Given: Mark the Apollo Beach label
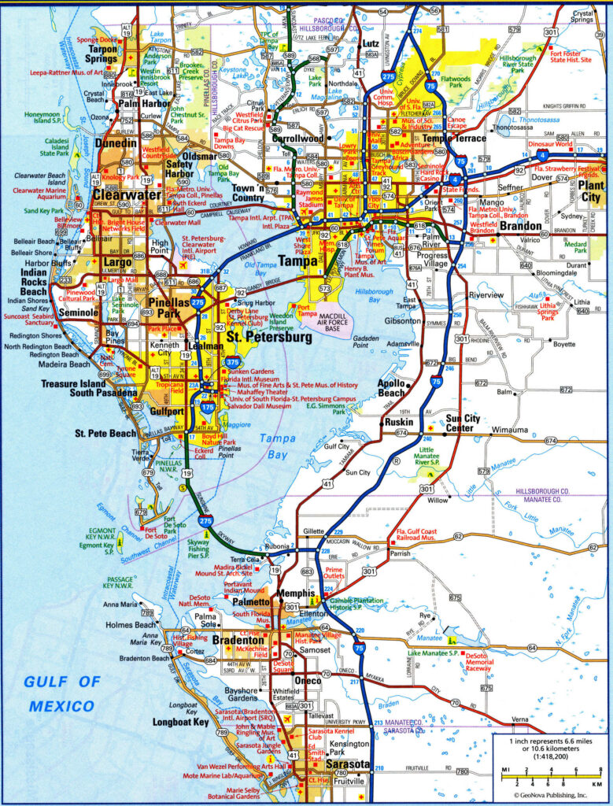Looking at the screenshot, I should [392, 387].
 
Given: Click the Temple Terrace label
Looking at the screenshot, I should [454, 139].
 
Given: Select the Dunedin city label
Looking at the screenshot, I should [116, 144].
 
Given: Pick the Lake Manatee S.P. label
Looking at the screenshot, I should [433, 653].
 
